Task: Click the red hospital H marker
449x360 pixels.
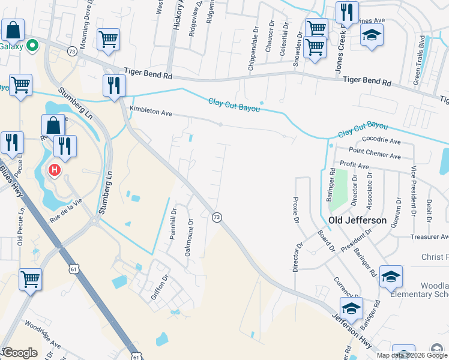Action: tap(55, 171)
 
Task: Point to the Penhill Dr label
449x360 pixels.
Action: tap(173, 224)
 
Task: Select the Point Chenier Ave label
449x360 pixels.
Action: tap(375, 155)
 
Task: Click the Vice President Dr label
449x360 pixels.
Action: tap(414, 191)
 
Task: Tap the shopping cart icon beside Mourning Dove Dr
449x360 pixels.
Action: tap(108, 40)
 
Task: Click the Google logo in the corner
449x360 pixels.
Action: tap(19, 353)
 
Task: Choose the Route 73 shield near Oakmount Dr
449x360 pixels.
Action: tap(217, 217)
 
